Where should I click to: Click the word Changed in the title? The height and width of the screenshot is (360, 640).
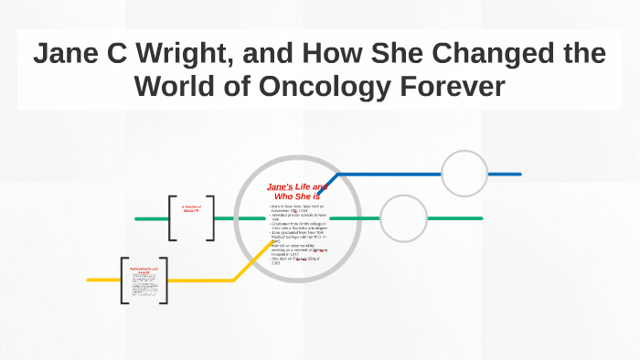coord(479,54)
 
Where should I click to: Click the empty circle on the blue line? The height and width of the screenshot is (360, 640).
coord(464,174)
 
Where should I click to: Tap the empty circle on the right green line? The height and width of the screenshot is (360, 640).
coord(403,218)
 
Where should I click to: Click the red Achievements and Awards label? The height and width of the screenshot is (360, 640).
coord(143,270)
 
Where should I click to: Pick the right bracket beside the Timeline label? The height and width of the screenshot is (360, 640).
coord(210,218)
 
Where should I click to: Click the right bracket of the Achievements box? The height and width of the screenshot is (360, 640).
coord(163,280)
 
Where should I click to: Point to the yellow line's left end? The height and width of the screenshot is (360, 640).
coord(90,280)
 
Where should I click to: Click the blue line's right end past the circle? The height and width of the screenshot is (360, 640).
coord(517,174)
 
